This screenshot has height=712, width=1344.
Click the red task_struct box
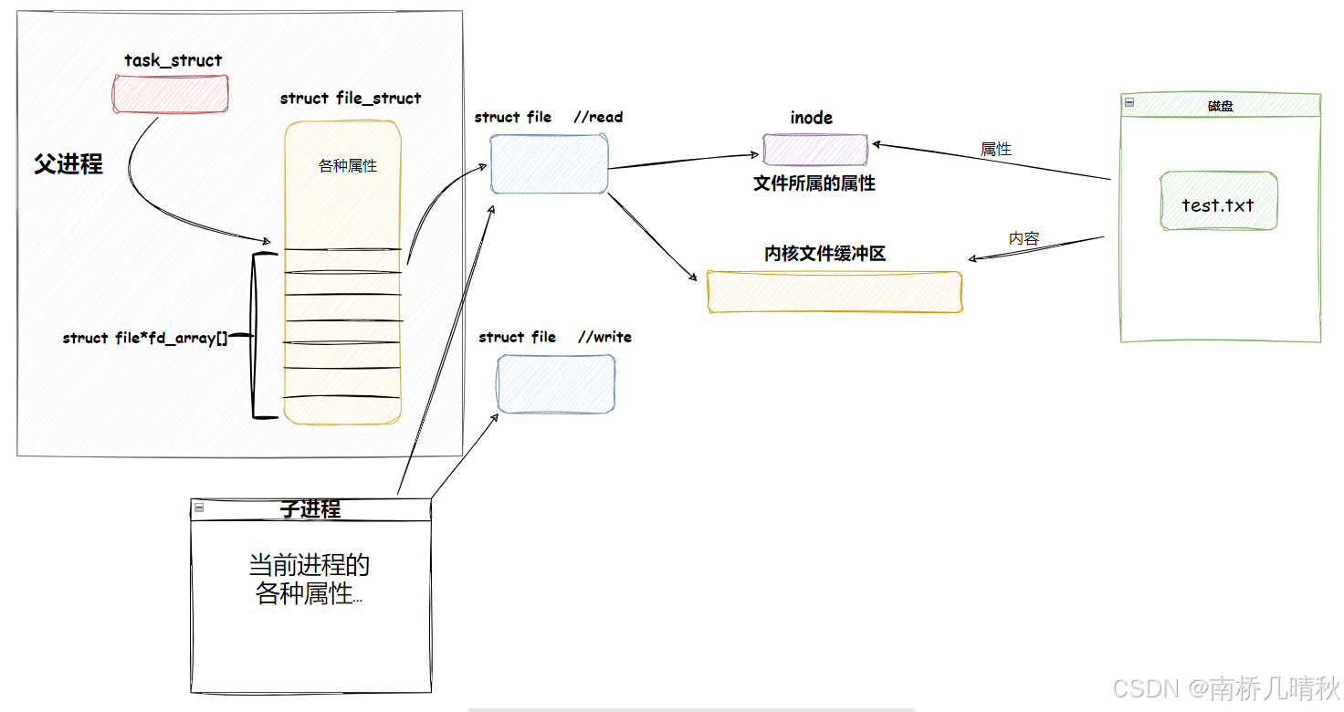171,94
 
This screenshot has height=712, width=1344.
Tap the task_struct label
173,61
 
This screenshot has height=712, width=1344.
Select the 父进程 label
68,164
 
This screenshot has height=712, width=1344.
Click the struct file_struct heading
351,99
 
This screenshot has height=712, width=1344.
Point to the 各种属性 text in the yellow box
348,166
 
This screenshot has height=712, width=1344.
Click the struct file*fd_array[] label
145,338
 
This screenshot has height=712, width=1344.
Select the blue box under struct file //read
549,164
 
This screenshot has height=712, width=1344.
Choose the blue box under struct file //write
555,383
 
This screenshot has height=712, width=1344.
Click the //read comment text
598,117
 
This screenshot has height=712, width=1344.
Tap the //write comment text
604,337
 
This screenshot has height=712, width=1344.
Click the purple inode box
815,150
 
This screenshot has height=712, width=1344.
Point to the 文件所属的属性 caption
814,183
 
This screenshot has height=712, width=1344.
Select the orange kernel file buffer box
835,292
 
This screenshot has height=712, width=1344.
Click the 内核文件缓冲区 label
825,254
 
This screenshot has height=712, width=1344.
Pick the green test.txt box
1218,202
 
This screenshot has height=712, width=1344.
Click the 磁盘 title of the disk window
1221,106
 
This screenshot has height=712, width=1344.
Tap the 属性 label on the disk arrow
996,149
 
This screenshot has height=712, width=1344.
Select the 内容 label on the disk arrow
1024,238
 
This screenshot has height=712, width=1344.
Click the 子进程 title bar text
310,509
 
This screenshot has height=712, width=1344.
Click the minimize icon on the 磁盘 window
1129,103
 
